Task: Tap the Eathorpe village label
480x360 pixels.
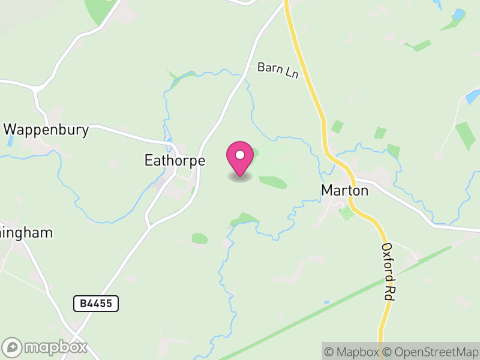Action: click(175, 161)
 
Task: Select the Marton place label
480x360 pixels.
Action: click(344, 190)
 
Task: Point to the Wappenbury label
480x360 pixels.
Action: click(46, 130)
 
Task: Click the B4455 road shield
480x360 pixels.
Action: click(96, 304)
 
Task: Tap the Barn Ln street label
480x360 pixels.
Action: click(278, 68)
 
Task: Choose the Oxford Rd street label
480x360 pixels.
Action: click(388, 272)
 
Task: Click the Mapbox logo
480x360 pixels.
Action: click(45, 347)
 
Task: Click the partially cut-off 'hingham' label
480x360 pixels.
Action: click(26, 233)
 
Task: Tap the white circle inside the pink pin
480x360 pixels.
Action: click(239, 155)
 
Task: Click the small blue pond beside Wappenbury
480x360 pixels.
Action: click(10, 142)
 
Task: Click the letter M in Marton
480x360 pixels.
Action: click(328, 190)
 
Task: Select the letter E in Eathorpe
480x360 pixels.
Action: click(149, 161)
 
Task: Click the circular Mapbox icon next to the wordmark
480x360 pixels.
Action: click(13, 347)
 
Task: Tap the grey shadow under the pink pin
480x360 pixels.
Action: click(239, 178)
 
